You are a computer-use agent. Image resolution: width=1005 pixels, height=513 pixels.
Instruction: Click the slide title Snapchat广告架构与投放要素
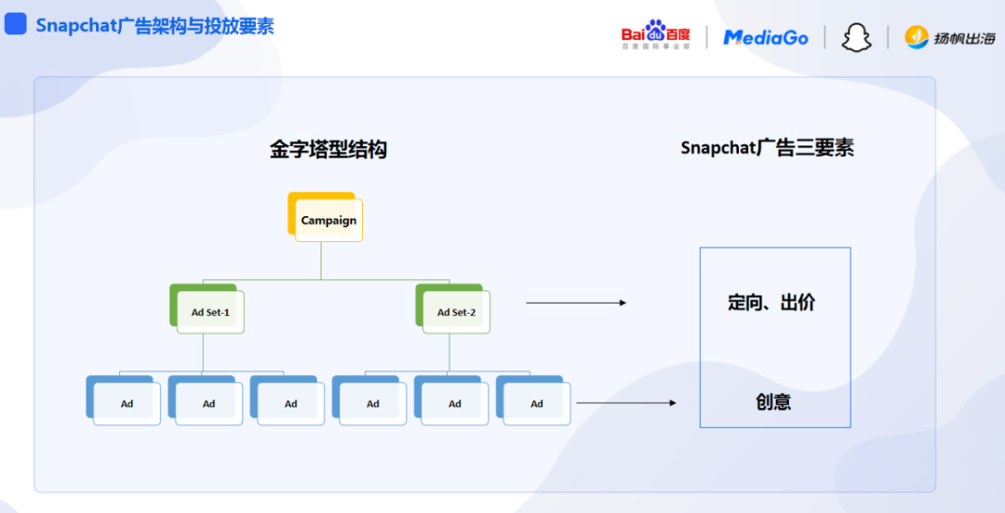pos(154,26)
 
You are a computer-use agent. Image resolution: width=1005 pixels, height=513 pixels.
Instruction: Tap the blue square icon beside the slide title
pos(16,25)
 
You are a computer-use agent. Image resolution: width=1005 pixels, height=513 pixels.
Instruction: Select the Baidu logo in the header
pos(656,35)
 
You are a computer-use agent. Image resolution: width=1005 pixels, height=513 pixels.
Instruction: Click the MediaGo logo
pos(766,37)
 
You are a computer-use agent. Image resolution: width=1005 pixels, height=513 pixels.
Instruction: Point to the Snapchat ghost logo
pos(856,37)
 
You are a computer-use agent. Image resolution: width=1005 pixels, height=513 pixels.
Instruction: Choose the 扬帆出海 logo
pos(949,38)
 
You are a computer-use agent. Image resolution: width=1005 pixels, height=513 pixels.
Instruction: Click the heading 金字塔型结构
pos(328,149)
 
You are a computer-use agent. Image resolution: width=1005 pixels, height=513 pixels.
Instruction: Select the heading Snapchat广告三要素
pos(767,148)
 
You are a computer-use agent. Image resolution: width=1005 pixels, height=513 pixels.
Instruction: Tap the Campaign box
pos(328,221)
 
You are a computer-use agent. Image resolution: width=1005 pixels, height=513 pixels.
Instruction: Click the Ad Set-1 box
pos(209,312)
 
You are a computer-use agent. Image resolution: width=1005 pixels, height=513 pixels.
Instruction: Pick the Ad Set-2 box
pos(455,312)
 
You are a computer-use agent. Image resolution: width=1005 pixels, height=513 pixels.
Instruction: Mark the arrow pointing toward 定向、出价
pos(576,303)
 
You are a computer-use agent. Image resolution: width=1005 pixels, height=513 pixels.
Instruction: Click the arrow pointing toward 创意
pos(626,403)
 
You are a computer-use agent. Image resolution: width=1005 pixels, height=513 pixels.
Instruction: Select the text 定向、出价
pos(771,303)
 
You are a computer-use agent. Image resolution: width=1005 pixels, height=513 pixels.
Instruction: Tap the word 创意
pos(773,402)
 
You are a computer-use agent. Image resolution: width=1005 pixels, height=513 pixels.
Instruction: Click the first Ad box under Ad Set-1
pos(127,403)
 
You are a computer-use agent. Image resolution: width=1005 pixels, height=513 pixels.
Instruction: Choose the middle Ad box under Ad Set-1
pos(208,403)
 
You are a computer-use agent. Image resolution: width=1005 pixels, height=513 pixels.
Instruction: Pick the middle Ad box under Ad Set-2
pos(454,403)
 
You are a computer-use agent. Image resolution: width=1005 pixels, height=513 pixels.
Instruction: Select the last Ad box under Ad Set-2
pos(536,403)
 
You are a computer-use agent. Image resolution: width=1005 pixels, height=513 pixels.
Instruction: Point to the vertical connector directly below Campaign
pos(321,261)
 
